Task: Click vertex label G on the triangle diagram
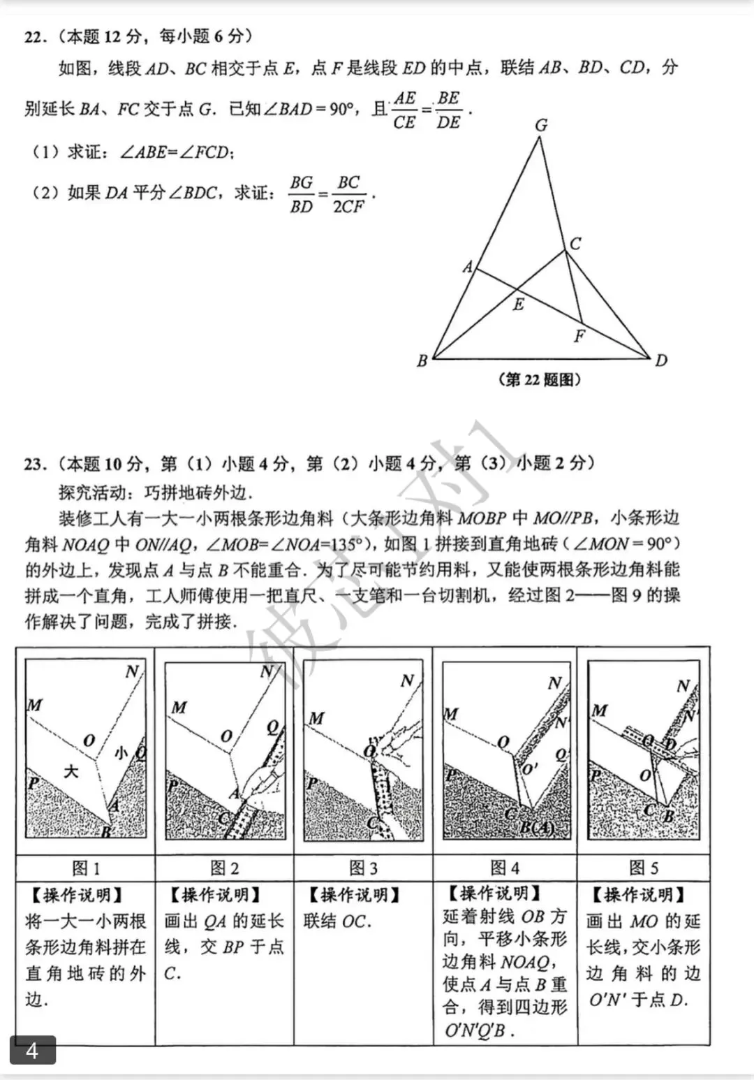pyautogui.click(x=541, y=125)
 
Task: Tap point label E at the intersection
pyautogui.click(x=518, y=305)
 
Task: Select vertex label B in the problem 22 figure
pyautogui.click(x=422, y=361)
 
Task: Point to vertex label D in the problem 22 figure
pyautogui.click(x=660, y=360)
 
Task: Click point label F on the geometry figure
pyautogui.click(x=579, y=337)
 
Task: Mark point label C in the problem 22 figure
pyautogui.click(x=575, y=243)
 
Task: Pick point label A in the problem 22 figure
pyautogui.click(x=468, y=267)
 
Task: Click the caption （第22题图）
pyautogui.click(x=540, y=379)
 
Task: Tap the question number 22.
pyautogui.click(x=34, y=37)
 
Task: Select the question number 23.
pyautogui.click(x=34, y=464)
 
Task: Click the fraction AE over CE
pyautogui.click(x=404, y=110)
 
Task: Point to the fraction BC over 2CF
pyautogui.click(x=348, y=194)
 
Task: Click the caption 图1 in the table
pyautogui.click(x=86, y=868)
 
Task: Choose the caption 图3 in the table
pyautogui.click(x=363, y=868)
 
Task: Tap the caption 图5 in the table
pyautogui.click(x=643, y=868)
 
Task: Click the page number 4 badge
pyautogui.click(x=32, y=1050)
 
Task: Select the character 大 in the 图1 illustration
pyautogui.click(x=71, y=771)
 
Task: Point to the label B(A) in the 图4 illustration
pyautogui.click(x=536, y=829)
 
